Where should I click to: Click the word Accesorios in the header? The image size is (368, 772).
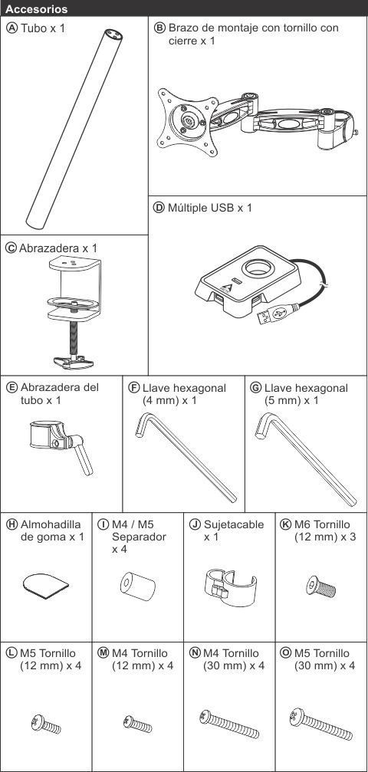[36, 9]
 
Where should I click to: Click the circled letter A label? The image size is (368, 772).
[11, 28]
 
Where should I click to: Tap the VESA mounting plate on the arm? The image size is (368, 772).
[188, 122]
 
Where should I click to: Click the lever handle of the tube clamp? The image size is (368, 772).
[82, 454]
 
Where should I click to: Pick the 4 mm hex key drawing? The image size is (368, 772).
[186, 458]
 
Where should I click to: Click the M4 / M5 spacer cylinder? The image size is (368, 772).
[137, 586]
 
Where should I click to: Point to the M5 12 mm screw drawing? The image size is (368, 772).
[46, 724]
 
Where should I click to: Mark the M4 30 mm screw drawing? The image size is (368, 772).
[229, 724]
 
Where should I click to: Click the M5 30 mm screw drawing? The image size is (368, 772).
[321, 724]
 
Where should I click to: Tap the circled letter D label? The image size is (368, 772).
[159, 208]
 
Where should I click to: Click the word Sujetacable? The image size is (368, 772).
[234, 524]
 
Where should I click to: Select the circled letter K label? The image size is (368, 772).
[285, 524]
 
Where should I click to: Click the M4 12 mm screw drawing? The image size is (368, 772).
[137, 724]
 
